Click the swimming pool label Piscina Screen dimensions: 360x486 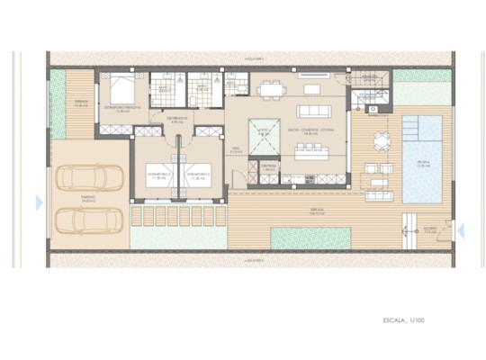pos(422,165)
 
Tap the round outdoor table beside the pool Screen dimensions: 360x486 pos(382,140)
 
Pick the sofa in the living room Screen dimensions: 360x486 pos(311,89)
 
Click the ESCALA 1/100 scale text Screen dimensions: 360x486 pos(403,319)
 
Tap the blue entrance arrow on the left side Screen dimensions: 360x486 pos(39,203)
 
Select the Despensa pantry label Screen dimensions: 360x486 pos(267,166)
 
